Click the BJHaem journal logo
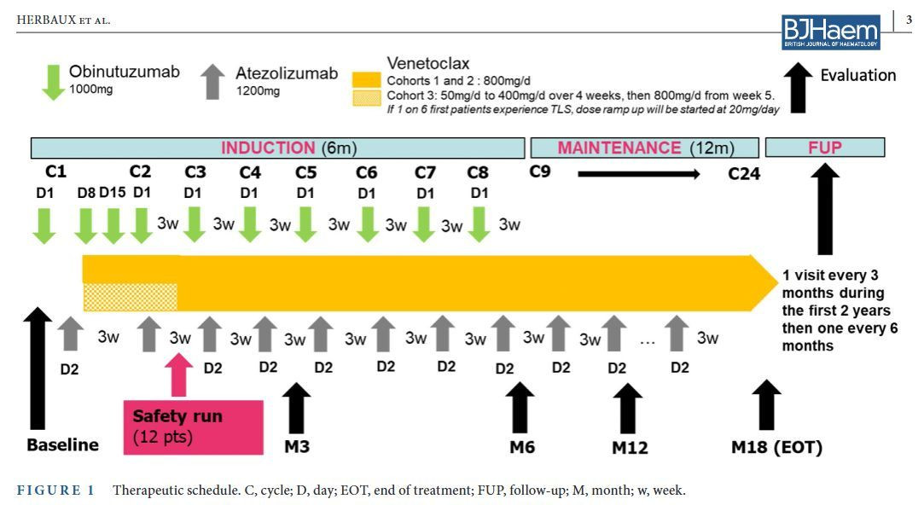(830, 32)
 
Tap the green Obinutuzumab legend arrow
(53, 82)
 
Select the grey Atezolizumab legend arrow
(212, 81)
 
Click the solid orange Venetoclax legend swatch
(366, 80)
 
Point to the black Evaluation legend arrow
(798, 88)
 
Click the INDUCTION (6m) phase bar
(277, 148)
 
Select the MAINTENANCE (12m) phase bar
(645, 148)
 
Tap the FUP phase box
(825, 148)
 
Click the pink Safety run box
(194, 427)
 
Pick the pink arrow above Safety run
(178, 375)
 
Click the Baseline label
(63, 445)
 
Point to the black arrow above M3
(296, 408)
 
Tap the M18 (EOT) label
(776, 447)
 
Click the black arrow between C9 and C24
(639, 174)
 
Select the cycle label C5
(305, 172)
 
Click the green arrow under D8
(86, 225)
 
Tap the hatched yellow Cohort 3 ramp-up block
(131, 297)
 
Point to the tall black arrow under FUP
(825, 209)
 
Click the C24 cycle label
(744, 174)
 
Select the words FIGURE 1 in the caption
(55, 490)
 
